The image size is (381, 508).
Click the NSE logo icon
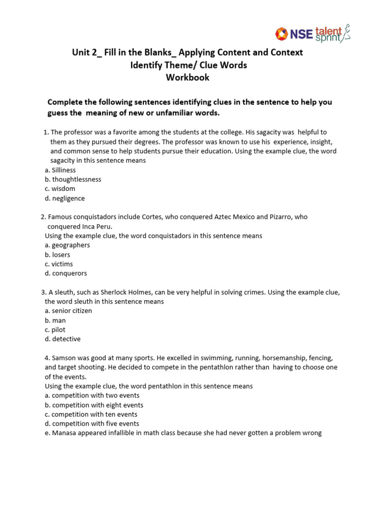click(283, 34)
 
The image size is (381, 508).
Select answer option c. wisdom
click(60, 189)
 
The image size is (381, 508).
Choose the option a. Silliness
click(60, 170)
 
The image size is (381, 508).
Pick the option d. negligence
click(64, 198)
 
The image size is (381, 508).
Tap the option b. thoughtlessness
click(73, 179)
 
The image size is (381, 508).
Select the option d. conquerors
click(65, 273)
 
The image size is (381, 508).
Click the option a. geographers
click(67, 245)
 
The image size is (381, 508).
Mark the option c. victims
click(59, 264)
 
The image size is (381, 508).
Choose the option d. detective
click(63, 339)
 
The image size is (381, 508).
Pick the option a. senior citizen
click(68, 311)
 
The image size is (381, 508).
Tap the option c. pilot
click(55, 329)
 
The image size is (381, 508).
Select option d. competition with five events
click(92, 424)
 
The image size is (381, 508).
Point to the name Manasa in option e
click(65, 433)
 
